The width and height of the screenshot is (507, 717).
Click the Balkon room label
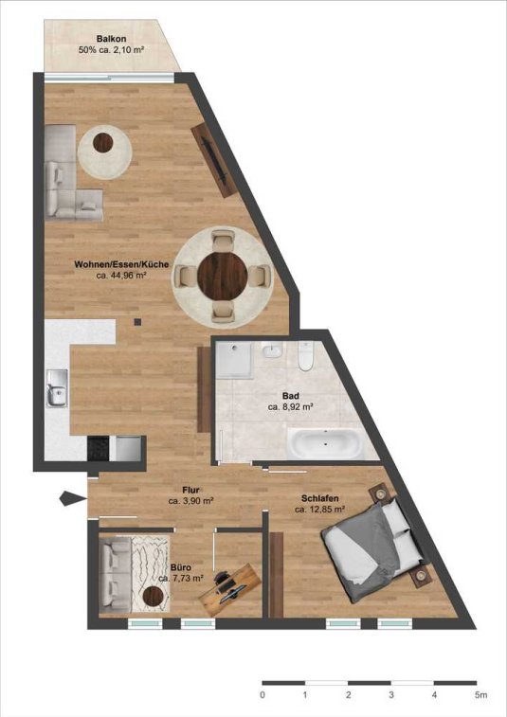pyautogui.click(x=111, y=39)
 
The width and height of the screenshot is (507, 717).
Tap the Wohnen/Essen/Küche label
pyautogui.click(x=121, y=264)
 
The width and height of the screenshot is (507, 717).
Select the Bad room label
pyautogui.click(x=291, y=396)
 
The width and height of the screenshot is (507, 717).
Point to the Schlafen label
pyautogui.click(x=320, y=498)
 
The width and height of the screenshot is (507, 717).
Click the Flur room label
pyautogui.click(x=190, y=492)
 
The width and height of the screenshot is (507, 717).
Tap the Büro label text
pyautogui.click(x=181, y=567)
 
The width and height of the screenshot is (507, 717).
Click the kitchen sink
pyautogui.click(x=57, y=388)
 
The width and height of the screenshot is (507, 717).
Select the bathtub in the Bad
pyautogui.click(x=325, y=443)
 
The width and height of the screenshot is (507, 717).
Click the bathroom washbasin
pyautogui.click(x=273, y=351)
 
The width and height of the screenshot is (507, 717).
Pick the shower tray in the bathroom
pyautogui.click(x=234, y=360)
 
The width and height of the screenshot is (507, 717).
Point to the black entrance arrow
pyautogui.click(x=73, y=498)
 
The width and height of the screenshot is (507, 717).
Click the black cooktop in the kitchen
pyautogui.click(x=99, y=448)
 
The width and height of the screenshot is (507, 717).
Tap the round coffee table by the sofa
pyautogui.click(x=103, y=143)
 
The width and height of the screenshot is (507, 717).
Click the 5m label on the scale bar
pyautogui.click(x=480, y=695)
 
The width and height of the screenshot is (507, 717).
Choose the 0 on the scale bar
pyautogui.click(x=263, y=695)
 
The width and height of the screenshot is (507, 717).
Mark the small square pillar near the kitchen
pyautogui.click(x=137, y=322)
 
